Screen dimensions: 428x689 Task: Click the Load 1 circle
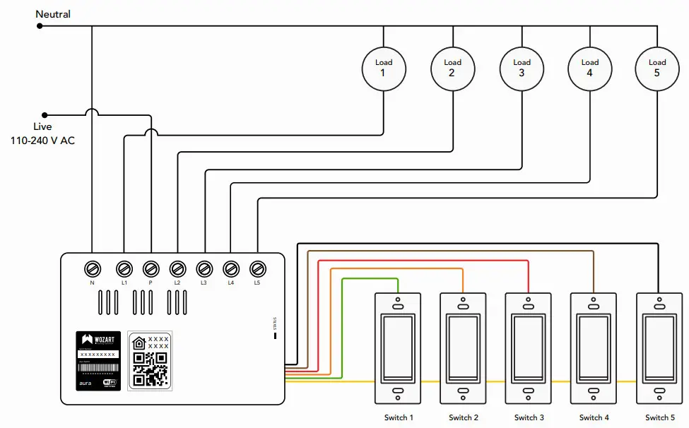coord(383,68)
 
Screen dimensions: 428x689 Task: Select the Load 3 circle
coord(522,68)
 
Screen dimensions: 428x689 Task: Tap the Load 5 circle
coord(657,68)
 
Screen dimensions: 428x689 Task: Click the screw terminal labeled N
coord(92,268)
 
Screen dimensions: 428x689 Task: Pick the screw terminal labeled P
coord(151,268)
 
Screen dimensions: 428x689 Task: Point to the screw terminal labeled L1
coord(124,268)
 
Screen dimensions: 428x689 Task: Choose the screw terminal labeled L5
coord(258,268)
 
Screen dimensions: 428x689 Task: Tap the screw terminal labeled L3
coord(204,268)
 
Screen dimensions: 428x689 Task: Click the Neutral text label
coord(53,14)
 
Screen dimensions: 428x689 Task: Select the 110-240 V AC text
coord(42,141)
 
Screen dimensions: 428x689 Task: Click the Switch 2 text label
coord(464,417)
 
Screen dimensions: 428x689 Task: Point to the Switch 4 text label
coord(594,417)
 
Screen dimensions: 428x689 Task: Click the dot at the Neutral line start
coord(40,26)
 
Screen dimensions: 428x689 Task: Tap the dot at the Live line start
coord(45,114)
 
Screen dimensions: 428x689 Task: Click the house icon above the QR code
coord(139,343)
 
